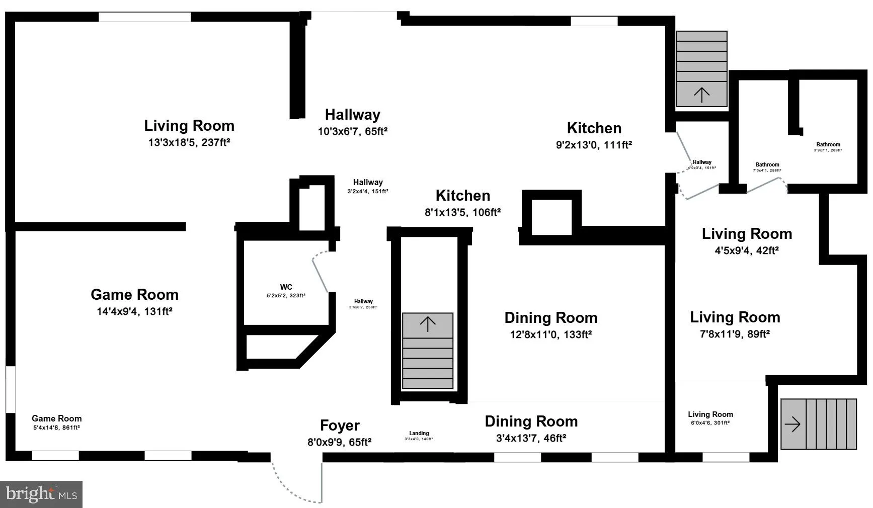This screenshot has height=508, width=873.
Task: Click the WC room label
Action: click(286, 287)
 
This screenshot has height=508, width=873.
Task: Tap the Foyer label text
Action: click(340, 426)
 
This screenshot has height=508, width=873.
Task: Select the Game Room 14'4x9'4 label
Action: click(134, 295)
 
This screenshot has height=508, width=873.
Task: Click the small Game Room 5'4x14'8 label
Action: click(56, 418)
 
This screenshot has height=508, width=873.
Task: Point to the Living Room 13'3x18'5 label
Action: click(189, 126)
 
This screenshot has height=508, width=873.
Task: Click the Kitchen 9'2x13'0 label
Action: click(594, 128)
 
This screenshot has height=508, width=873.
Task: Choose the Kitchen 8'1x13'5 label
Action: click(462, 196)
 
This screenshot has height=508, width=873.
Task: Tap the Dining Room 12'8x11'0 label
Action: click(550, 318)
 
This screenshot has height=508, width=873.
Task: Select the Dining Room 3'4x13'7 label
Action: click(531, 421)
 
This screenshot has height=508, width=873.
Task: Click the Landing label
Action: click(419, 433)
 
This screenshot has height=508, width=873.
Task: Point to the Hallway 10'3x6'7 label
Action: click(352, 115)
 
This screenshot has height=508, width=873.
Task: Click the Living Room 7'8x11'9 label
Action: click(735, 317)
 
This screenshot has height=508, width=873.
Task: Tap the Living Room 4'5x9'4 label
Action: click(747, 234)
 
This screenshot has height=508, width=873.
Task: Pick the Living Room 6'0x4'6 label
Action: click(710, 414)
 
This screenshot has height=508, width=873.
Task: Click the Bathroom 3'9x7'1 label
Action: click(828, 145)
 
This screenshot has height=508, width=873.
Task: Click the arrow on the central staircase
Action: click(428, 324)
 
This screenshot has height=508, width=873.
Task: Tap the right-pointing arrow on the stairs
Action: click(792, 424)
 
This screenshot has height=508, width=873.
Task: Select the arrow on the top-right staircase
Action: click(701, 94)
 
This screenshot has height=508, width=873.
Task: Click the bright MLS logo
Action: click(41, 494)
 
